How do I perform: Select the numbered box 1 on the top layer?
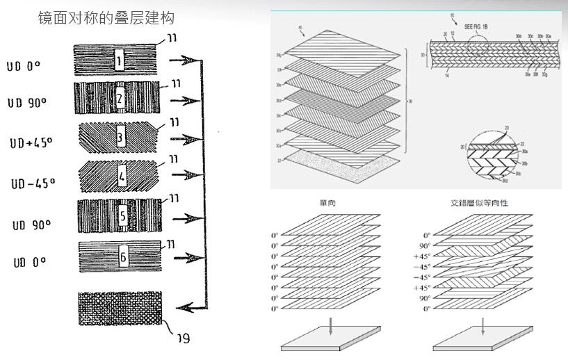pos(119,60)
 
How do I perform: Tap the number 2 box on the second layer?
pos(120,99)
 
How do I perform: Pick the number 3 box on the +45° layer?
pos(120,138)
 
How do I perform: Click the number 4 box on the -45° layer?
pos(122,177)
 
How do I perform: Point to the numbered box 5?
pos(123,215)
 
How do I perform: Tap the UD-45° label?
pos(33,183)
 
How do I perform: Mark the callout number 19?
pos(183,338)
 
